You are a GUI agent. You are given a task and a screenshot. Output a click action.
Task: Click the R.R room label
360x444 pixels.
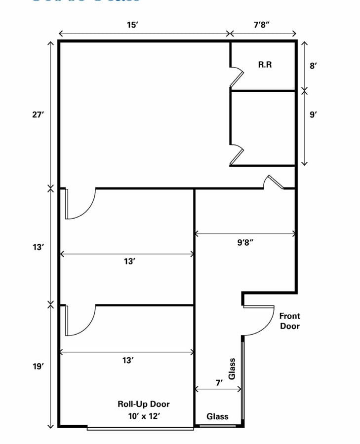pyautogui.click(x=265, y=65)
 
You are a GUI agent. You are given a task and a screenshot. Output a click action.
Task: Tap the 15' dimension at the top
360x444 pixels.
pyautogui.click(x=132, y=25)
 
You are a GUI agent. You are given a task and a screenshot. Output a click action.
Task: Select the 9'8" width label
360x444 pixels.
pyautogui.click(x=245, y=243)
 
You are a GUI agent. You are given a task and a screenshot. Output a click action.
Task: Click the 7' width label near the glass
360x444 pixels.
pyautogui.click(x=219, y=382)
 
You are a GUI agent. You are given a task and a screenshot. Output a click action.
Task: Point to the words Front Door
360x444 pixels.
pyautogui.click(x=289, y=321)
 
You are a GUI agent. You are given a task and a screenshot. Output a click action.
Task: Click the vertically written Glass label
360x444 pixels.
pyautogui.click(x=232, y=369)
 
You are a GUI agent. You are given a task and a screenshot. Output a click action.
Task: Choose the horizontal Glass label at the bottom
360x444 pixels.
pyautogui.click(x=217, y=416)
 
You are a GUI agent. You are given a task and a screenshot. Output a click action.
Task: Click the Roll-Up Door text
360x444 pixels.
pyautogui.click(x=143, y=404)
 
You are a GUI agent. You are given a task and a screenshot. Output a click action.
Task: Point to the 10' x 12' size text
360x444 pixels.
pyautogui.click(x=143, y=416)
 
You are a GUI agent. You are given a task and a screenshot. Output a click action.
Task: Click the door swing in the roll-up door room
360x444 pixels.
pyautogui.click(x=80, y=321)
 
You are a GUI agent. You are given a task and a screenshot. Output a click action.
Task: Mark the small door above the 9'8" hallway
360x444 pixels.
pyautogui.click(x=273, y=182)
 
